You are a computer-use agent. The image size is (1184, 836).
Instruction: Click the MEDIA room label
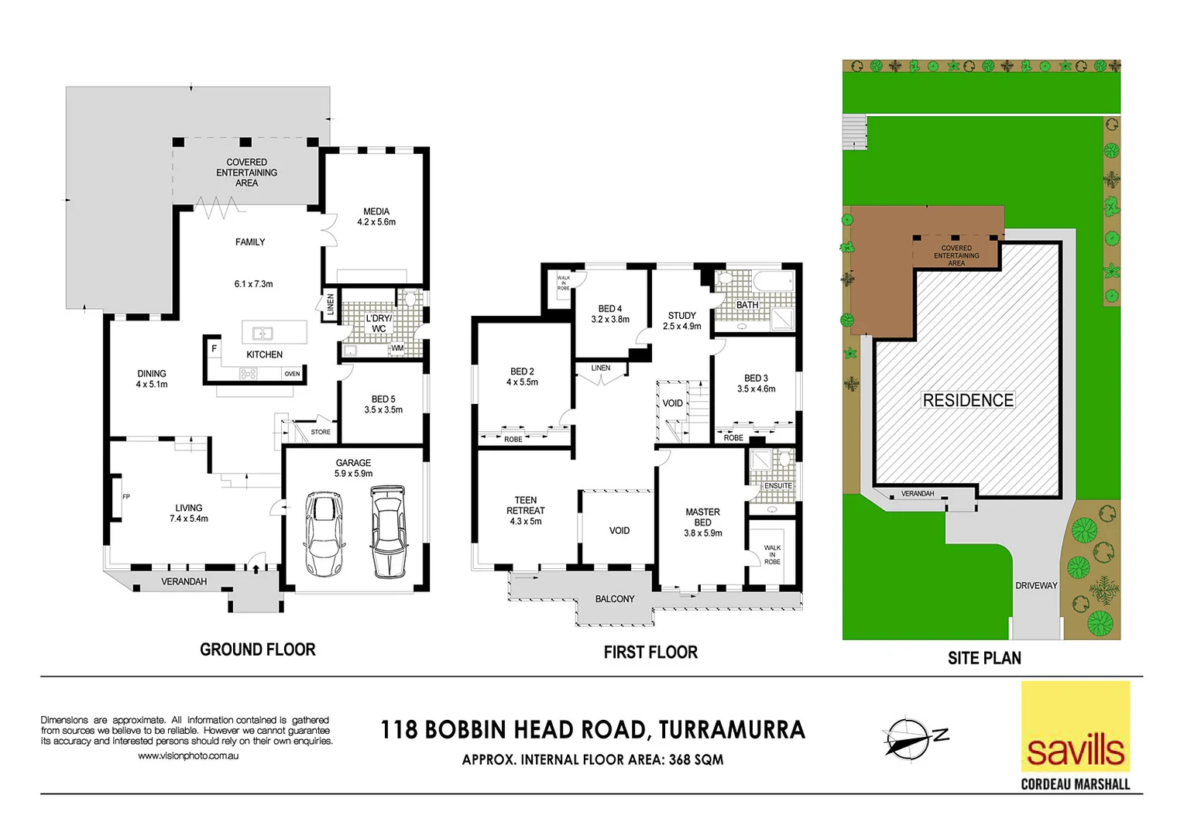pyautogui.click(x=376, y=211)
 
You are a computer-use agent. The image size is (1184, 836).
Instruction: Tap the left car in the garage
pyautogui.click(x=324, y=533)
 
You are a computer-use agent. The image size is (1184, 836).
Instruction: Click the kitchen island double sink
pyautogui.click(x=263, y=334)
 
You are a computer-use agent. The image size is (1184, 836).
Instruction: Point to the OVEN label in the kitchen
pyautogui.click(x=292, y=374)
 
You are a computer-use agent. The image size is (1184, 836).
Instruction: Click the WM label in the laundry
pyautogui.click(x=397, y=348)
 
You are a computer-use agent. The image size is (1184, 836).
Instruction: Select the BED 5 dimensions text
pyautogui.click(x=383, y=410)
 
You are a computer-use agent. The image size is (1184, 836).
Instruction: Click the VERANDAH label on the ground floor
pyautogui.click(x=184, y=581)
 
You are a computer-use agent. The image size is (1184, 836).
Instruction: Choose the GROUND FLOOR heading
pyautogui.click(x=257, y=650)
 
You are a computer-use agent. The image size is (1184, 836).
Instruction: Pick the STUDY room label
pyautogui.click(x=681, y=315)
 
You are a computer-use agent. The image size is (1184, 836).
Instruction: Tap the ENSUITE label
pyautogui.click(x=777, y=486)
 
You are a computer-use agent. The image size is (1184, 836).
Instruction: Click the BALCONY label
pyautogui.click(x=614, y=599)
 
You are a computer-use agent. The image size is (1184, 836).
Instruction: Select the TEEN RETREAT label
pyautogui.click(x=526, y=505)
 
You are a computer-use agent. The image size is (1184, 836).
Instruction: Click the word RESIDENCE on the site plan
pyautogui.click(x=968, y=400)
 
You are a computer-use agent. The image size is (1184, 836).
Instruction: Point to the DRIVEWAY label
pyautogui.click(x=1036, y=585)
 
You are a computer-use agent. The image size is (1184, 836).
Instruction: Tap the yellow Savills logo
pyautogui.click(x=1075, y=728)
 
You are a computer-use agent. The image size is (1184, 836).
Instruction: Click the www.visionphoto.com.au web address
pyautogui.click(x=188, y=755)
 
